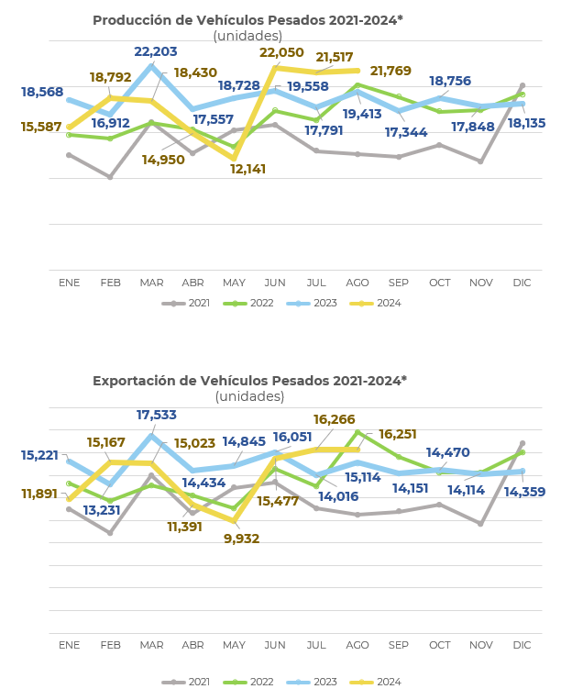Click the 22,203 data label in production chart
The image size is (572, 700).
coord(156,52)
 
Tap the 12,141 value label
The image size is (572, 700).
coord(248,170)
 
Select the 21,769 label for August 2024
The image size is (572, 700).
coord(390,72)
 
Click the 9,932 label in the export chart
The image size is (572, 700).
coord(242,539)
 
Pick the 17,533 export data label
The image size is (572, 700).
coord(157,416)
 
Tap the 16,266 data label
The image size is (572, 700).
coord(334,420)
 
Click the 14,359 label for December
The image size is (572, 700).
coord(524,493)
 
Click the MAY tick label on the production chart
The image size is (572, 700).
coord(234,283)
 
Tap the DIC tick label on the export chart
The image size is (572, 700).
coord(522,646)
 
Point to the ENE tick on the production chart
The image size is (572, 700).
coord(70,283)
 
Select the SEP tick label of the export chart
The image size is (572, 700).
coord(399,646)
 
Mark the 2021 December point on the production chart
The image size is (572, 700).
coord(522,85)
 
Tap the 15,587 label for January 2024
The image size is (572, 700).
coord(42,128)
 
